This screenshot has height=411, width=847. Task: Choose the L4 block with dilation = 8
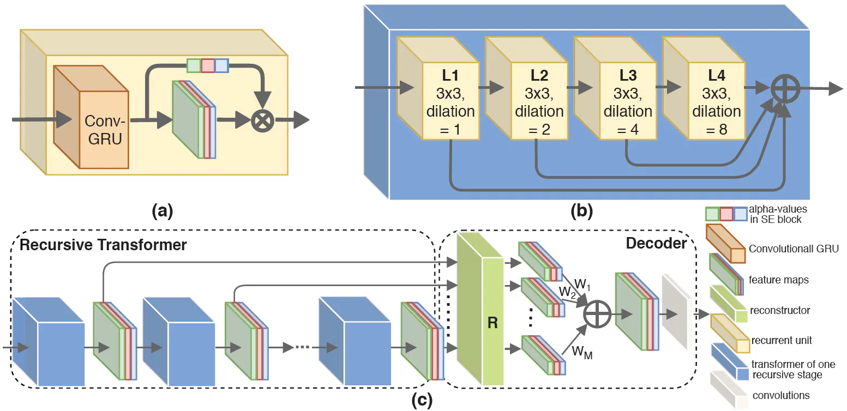716,101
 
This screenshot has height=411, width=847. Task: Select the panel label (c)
420,401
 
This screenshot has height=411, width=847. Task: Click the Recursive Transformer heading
103,245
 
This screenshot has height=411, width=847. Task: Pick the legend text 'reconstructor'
779,310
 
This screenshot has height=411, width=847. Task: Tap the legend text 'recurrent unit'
781,340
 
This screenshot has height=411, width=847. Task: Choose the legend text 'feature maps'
779,280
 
